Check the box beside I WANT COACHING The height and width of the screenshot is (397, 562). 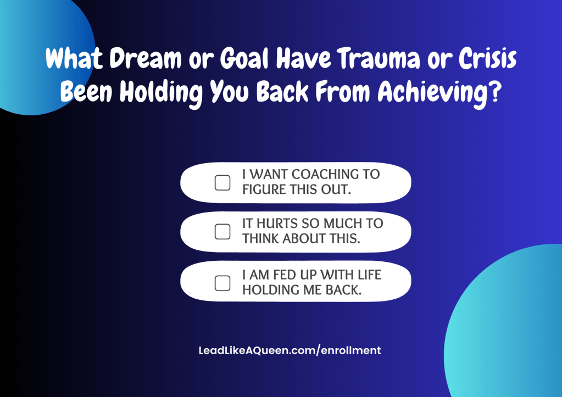(222, 183)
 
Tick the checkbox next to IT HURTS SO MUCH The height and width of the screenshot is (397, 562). (222, 232)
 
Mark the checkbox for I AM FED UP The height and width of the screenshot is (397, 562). (222, 283)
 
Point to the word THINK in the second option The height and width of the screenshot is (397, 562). (261, 239)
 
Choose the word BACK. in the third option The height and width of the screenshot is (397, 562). (343, 290)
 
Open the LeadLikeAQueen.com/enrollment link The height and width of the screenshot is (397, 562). (290, 350)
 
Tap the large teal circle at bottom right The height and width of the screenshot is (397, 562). (511, 329)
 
